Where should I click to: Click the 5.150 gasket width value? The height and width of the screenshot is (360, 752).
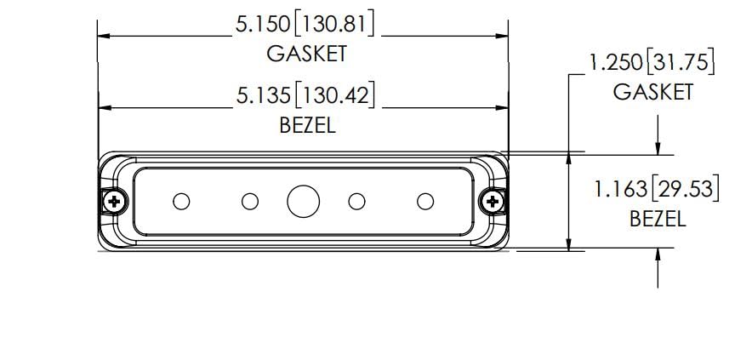click(x=263, y=25)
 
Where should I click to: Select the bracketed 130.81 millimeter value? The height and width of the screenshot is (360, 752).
click(x=333, y=25)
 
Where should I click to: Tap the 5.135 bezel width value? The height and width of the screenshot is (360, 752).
click(x=264, y=96)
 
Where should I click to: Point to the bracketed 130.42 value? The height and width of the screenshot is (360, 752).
click(x=334, y=96)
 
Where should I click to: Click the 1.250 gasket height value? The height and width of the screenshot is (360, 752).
click(x=615, y=63)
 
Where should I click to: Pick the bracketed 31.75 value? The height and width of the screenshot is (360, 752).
click(x=680, y=63)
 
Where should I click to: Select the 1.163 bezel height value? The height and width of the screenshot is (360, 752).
click(x=621, y=190)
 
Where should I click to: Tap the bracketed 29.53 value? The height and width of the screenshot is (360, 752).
click(x=685, y=190)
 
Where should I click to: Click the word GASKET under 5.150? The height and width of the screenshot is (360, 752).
click(x=307, y=54)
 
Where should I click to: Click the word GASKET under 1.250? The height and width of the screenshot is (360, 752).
click(x=652, y=92)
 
